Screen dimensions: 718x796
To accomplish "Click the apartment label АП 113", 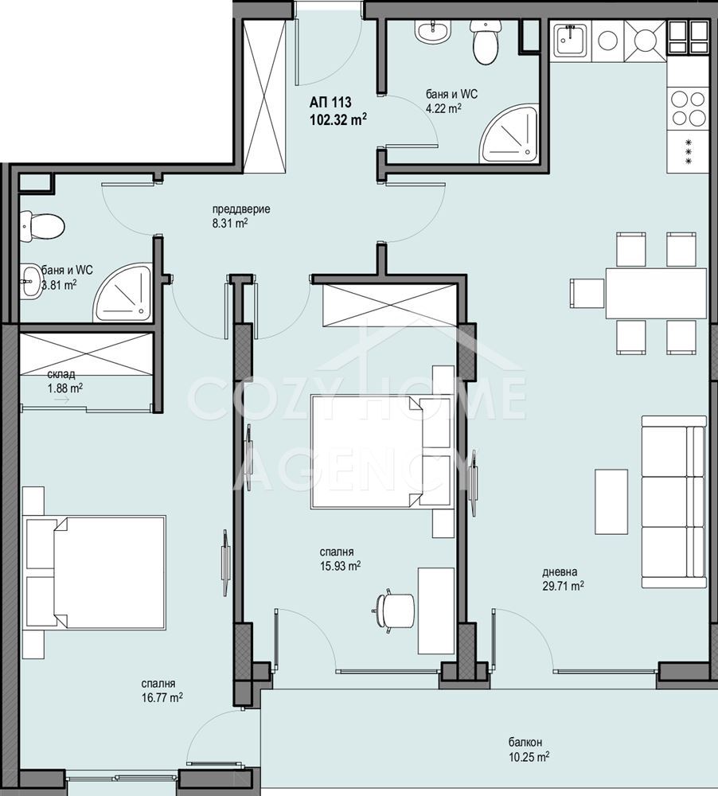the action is tap(330, 103).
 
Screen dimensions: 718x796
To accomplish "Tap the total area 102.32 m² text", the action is tap(338, 120).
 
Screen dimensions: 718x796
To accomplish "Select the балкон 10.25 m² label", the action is tap(529, 749).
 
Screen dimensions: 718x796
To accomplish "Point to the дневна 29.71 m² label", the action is tap(563, 579).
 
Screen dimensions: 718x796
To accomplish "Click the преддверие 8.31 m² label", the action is tap(234, 217).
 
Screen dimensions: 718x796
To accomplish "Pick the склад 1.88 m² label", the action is tap(64, 381).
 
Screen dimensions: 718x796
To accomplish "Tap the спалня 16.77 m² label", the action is tap(162, 691).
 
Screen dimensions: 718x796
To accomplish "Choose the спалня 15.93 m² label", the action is tap(340, 559).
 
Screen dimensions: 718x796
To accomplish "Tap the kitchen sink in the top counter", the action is tap(571, 40).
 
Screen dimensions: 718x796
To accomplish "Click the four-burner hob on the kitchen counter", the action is tap(688, 107).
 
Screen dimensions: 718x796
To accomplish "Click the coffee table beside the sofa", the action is tap(611, 501).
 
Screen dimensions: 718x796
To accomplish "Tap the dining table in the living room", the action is tap(656, 293).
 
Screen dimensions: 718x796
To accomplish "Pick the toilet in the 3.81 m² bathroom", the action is tap(42, 226).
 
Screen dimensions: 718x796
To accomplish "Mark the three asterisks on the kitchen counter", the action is tap(689, 152).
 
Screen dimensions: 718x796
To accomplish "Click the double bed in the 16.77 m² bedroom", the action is tap(96, 572).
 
